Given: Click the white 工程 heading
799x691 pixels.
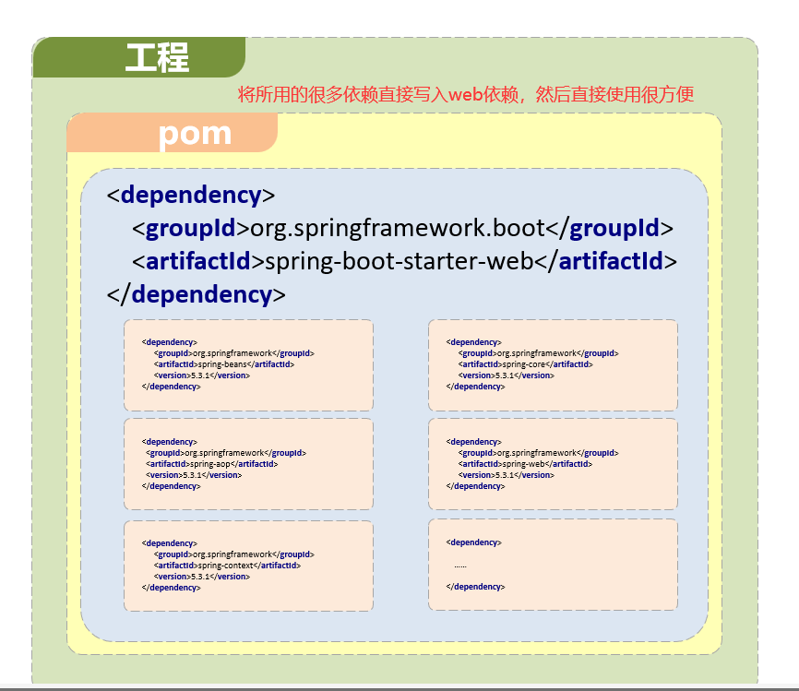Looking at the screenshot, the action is [x=157, y=58].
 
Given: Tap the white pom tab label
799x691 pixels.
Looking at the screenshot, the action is [x=195, y=134].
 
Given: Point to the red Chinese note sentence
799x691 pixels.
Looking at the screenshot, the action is [x=465, y=94].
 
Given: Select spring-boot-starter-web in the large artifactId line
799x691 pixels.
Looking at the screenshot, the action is [x=399, y=261].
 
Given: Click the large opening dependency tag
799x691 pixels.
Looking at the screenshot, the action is [x=191, y=195].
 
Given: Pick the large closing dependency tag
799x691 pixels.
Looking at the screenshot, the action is [x=197, y=294].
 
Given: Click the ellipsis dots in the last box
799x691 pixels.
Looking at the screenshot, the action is [x=460, y=565].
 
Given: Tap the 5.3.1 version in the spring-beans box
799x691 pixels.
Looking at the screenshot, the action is [x=201, y=375].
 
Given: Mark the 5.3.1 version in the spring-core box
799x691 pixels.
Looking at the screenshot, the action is [x=506, y=375].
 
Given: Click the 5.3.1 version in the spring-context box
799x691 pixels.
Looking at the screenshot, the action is [x=201, y=576].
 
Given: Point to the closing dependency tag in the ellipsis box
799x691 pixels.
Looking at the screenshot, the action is [x=475, y=587].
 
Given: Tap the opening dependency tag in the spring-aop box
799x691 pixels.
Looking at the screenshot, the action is [x=170, y=442].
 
